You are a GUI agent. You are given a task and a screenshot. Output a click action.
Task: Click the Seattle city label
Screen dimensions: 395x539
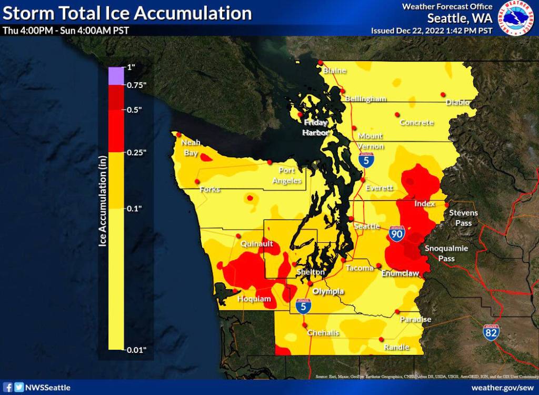pyautogui.click(x=367, y=226)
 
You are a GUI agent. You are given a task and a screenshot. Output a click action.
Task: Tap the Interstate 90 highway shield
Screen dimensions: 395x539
pyautogui.click(x=397, y=233)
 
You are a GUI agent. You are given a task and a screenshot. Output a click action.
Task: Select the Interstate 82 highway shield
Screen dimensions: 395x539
pyautogui.click(x=491, y=333)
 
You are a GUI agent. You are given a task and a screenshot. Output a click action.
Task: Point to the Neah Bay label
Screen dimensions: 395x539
pyautogui.click(x=191, y=147)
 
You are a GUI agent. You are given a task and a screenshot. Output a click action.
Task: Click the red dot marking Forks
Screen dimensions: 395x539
pyautogui.click(x=197, y=181)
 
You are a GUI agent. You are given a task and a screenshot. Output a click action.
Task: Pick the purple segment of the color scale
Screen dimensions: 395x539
pyautogui.click(x=116, y=76)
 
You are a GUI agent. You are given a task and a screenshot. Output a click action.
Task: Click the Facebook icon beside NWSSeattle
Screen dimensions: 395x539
pyautogui.click(x=8, y=387)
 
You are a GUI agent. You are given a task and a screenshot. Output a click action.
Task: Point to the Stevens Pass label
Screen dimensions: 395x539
pyautogui.click(x=463, y=218)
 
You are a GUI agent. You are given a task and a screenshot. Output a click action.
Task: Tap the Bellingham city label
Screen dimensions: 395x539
pyautogui.click(x=366, y=98)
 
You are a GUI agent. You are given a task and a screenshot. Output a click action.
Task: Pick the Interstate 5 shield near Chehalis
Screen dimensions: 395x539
pyautogui.click(x=302, y=307)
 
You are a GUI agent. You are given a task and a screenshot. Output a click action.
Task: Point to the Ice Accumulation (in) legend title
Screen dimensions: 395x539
pyautogui.click(x=103, y=200)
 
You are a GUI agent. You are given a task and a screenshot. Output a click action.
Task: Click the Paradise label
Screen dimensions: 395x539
pyautogui.click(x=415, y=319)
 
